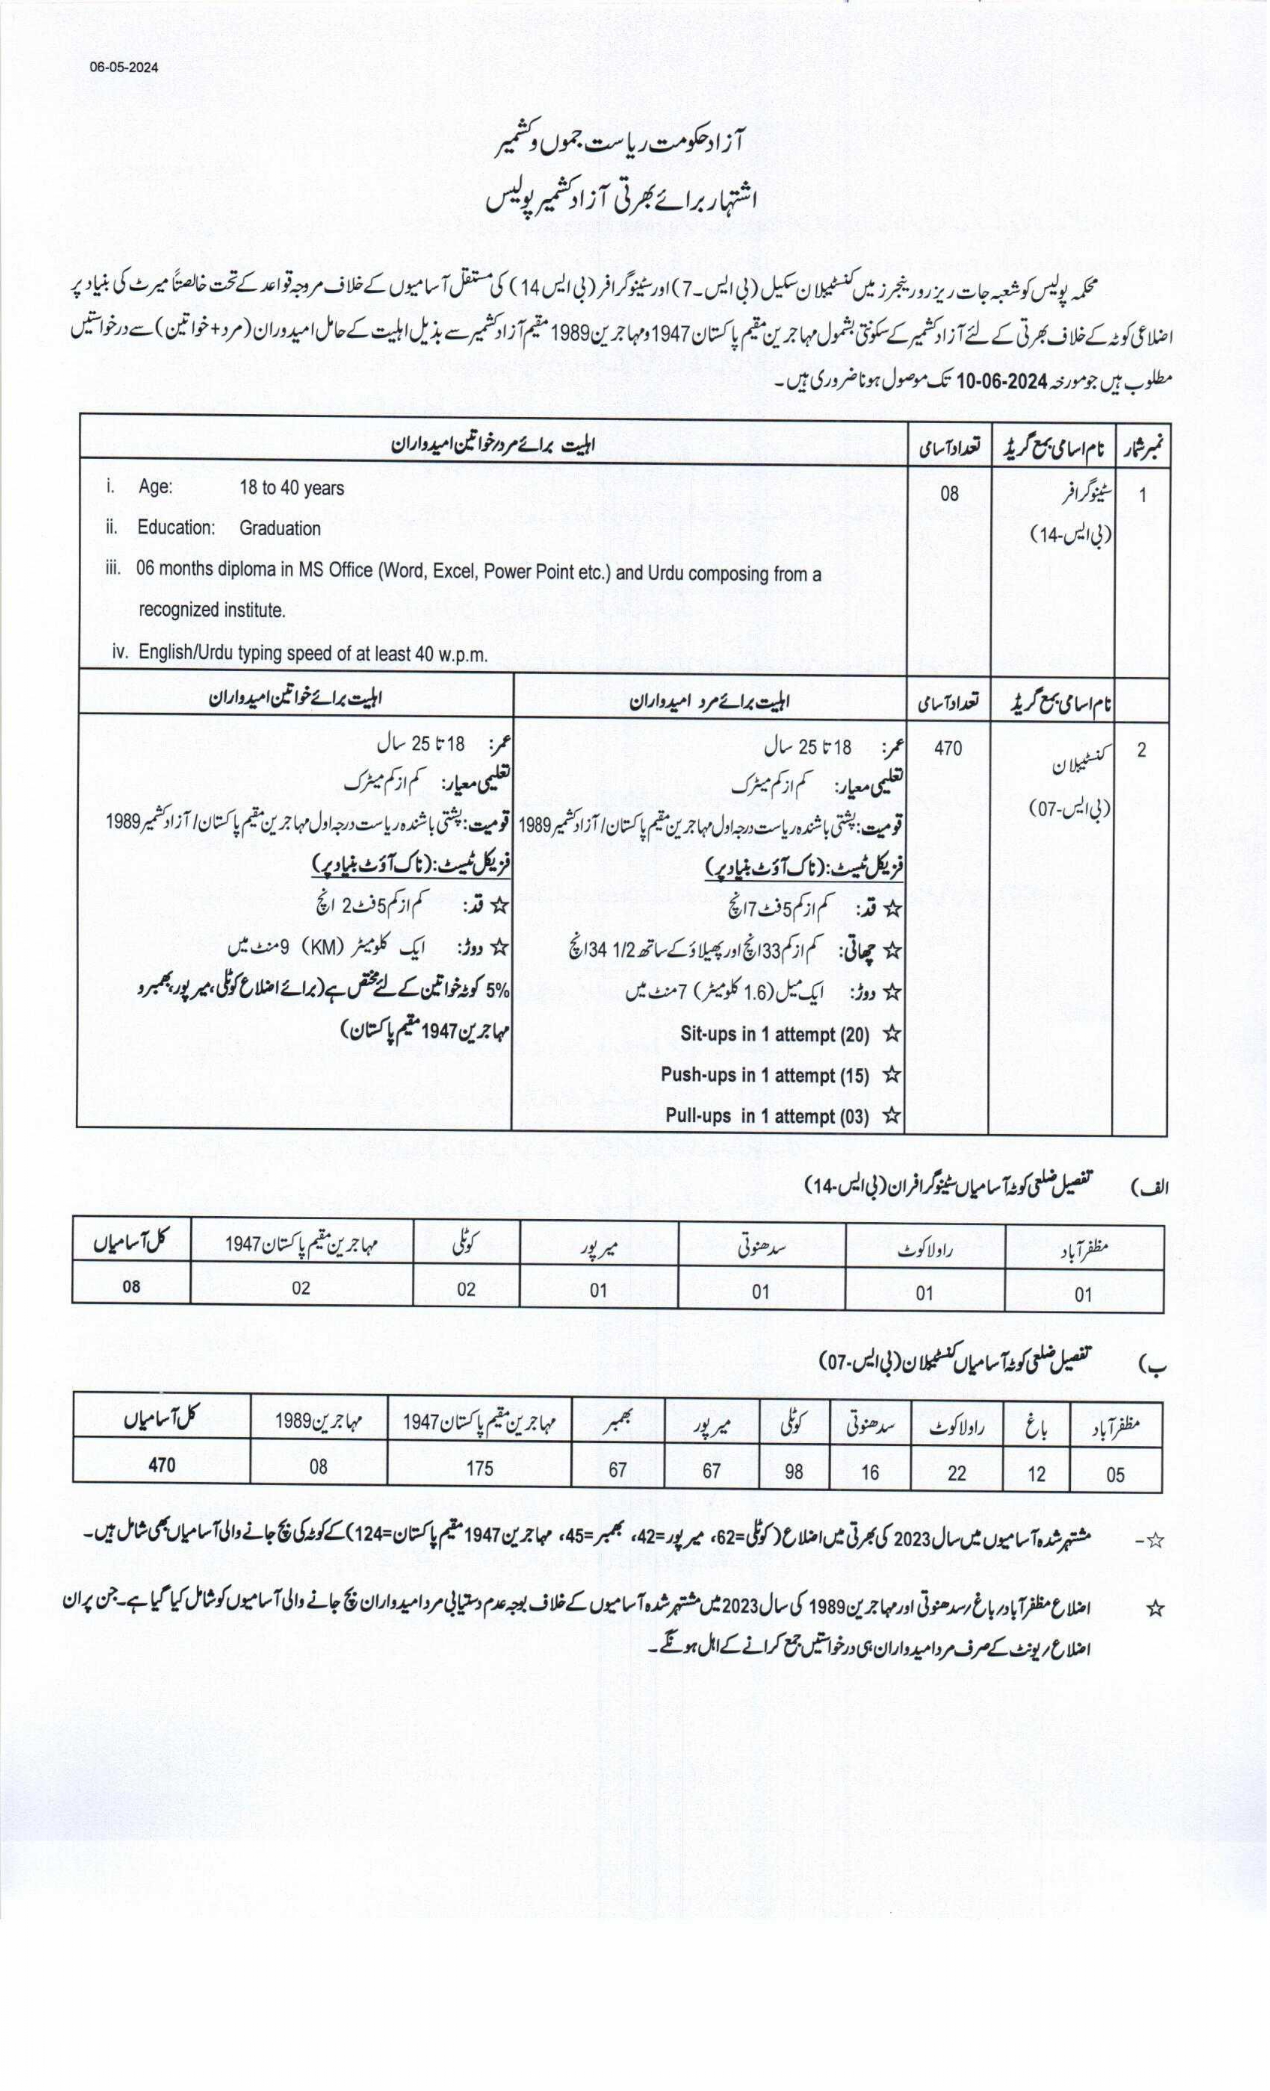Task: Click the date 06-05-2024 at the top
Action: click(x=124, y=68)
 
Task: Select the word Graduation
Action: click(x=279, y=529)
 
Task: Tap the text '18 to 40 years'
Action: click(x=291, y=489)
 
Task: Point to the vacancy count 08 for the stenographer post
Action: click(x=949, y=492)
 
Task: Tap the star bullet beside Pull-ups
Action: click(x=891, y=1116)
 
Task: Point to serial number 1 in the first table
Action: click(x=1142, y=495)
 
